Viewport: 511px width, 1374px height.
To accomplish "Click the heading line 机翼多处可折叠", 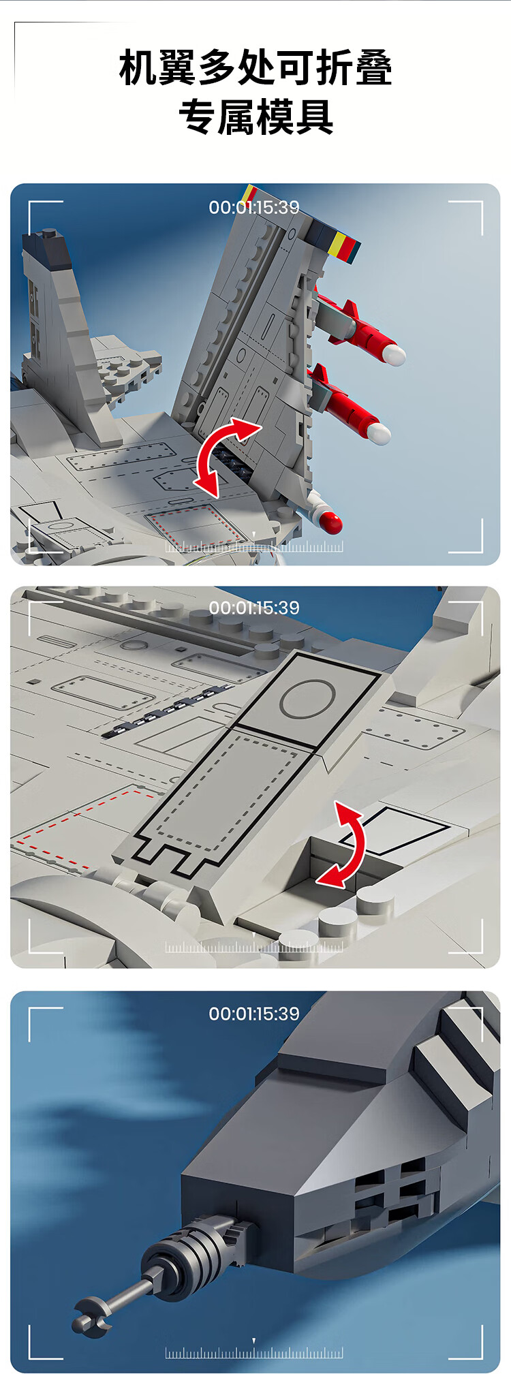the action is point(255,68).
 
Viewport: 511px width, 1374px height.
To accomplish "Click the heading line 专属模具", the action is point(255,116).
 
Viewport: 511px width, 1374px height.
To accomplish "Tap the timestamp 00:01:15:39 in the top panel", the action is point(254,207).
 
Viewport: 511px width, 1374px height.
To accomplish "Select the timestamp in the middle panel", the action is point(254,608).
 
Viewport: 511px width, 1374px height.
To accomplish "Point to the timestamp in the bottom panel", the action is point(254,1014).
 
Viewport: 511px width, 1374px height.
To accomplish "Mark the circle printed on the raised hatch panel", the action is point(307,699).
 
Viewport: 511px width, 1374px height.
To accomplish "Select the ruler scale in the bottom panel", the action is point(254,1351).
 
